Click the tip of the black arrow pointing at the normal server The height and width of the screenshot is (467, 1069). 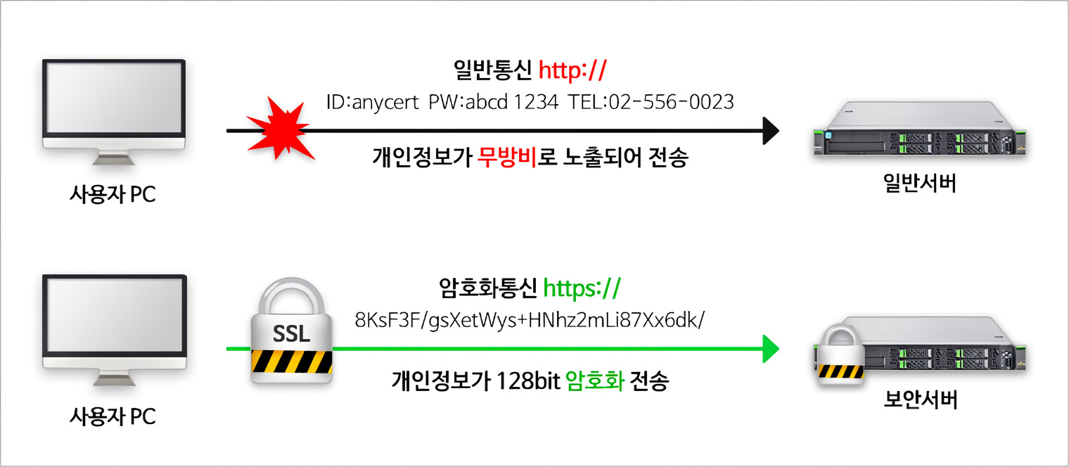coord(779,131)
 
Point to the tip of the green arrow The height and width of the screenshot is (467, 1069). coord(779,349)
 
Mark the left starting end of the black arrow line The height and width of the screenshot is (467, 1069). coord(226,131)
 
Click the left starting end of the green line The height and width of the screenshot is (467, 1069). coord(226,349)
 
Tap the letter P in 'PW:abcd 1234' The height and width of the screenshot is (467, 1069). coord(434,102)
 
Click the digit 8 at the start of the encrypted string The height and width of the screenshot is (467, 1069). coord(360,320)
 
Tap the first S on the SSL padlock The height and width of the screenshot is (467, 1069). coord(279,333)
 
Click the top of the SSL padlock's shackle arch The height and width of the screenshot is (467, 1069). coord(291,279)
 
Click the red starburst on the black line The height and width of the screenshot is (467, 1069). coord(281,129)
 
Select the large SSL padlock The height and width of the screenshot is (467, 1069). coord(292,331)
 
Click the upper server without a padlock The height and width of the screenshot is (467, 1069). coord(920,129)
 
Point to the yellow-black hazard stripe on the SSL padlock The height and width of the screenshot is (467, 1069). coord(292,361)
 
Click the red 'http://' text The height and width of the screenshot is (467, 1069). coord(572,70)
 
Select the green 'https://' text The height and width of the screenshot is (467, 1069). coord(582,288)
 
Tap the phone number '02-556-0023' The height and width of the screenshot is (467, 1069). coord(671,102)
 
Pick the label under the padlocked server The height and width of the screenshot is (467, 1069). coord(921,399)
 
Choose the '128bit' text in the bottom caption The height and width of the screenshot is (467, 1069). coord(528,381)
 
